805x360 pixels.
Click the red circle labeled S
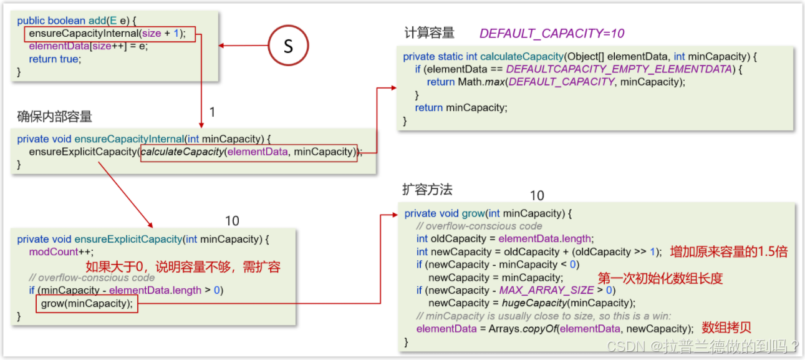[x=288, y=46]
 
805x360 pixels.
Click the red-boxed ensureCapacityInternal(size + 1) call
[x=110, y=34]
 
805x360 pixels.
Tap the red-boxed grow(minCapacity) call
[x=87, y=304]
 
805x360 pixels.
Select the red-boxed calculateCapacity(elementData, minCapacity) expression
[x=249, y=152]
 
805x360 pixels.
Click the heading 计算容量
[x=430, y=33]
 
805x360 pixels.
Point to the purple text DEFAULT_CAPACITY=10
[x=552, y=33]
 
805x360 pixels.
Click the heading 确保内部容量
[x=55, y=116]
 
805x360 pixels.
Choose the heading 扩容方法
[x=428, y=188]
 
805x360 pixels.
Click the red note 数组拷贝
[x=727, y=328]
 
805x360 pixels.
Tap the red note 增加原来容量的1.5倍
[x=729, y=251]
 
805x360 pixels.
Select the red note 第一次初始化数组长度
[x=660, y=278]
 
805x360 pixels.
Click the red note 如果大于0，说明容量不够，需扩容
[x=183, y=267]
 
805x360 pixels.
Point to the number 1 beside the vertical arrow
[x=213, y=112]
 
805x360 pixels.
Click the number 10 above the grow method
[x=537, y=196]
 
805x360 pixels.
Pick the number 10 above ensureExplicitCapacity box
[x=232, y=221]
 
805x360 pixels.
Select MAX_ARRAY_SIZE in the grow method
[x=546, y=290]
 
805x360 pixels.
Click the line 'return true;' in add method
[x=55, y=59]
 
